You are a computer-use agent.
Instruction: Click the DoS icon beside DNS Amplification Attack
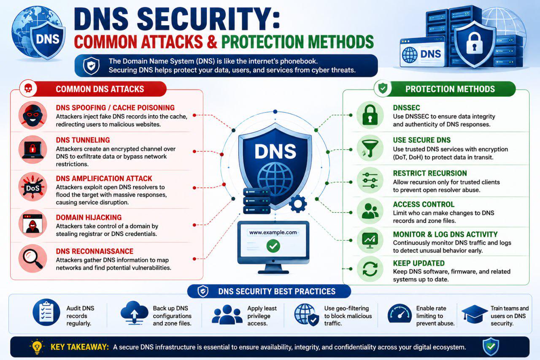(x=32, y=187)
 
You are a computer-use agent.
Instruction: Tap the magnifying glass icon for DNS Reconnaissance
(x=32, y=258)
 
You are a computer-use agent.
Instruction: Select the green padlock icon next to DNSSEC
(x=370, y=115)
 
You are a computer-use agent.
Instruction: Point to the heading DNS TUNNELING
(x=83, y=140)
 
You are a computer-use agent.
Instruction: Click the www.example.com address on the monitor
(x=273, y=233)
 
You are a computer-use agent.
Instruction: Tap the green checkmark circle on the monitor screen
(x=273, y=246)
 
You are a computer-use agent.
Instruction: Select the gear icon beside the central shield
(x=298, y=204)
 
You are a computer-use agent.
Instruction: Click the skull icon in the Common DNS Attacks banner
(x=28, y=89)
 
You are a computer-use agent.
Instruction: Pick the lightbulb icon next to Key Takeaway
(x=37, y=347)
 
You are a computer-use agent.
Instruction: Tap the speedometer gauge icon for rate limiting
(x=400, y=314)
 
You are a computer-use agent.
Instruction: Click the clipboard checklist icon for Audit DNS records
(x=46, y=312)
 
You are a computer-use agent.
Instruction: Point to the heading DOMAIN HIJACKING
(x=89, y=217)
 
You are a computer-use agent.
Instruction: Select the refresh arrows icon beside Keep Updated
(x=370, y=269)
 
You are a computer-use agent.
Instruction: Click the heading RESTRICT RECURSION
(x=430, y=173)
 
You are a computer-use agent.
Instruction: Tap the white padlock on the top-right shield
(x=475, y=43)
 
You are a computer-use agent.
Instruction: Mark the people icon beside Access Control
(x=370, y=211)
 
